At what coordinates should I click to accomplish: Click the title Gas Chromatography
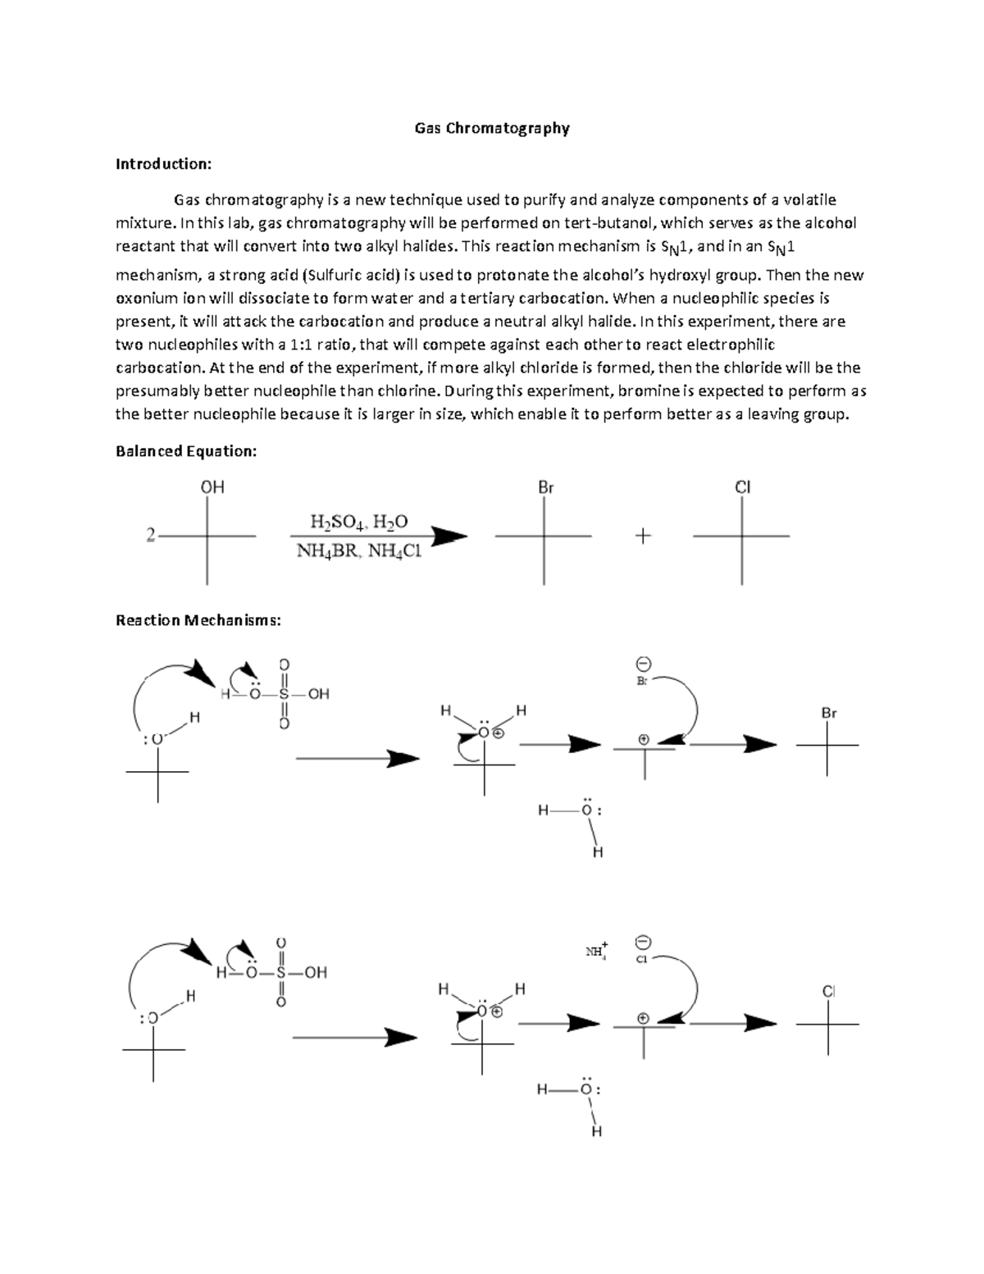pos(491,128)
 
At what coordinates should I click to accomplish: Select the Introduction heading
pos(163,164)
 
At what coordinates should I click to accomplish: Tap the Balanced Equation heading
pos(186,451)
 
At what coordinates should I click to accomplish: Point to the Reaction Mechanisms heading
pos(198,620)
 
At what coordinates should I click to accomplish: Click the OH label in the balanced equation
pos(212,487)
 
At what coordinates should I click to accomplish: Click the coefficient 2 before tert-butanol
pos(150,536)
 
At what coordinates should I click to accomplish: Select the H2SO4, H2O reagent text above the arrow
pos(358,522)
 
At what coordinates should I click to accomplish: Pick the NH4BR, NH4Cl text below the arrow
pos(358,551)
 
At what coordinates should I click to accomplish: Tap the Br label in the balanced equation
pos(545,487)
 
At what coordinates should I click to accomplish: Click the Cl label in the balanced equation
pos(742,487)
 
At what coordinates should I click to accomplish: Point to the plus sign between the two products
pos(643,537)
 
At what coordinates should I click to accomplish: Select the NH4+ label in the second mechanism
pos(596,952)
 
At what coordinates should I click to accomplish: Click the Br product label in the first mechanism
pos(829,714)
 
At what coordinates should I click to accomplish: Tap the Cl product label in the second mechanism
pos(828,992)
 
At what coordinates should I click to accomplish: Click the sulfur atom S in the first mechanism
pos(284,694)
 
